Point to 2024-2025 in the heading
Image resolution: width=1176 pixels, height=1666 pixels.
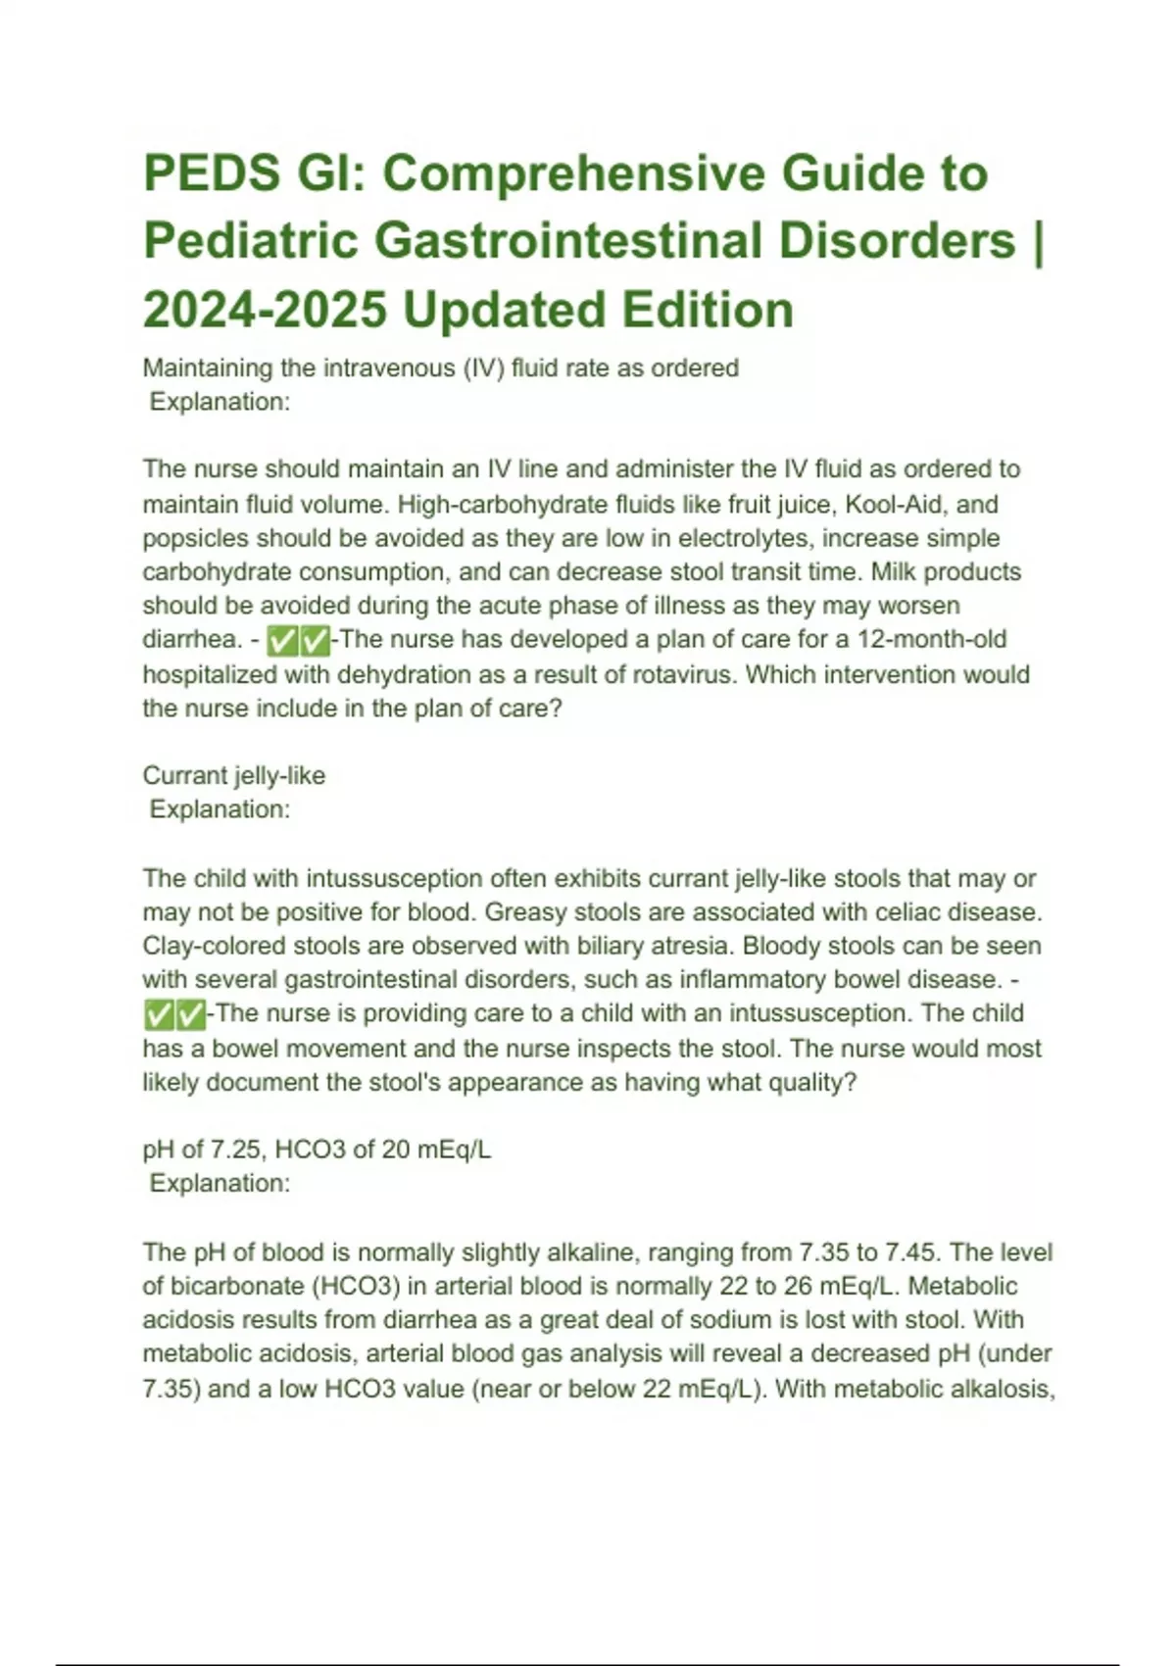[265, 310]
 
